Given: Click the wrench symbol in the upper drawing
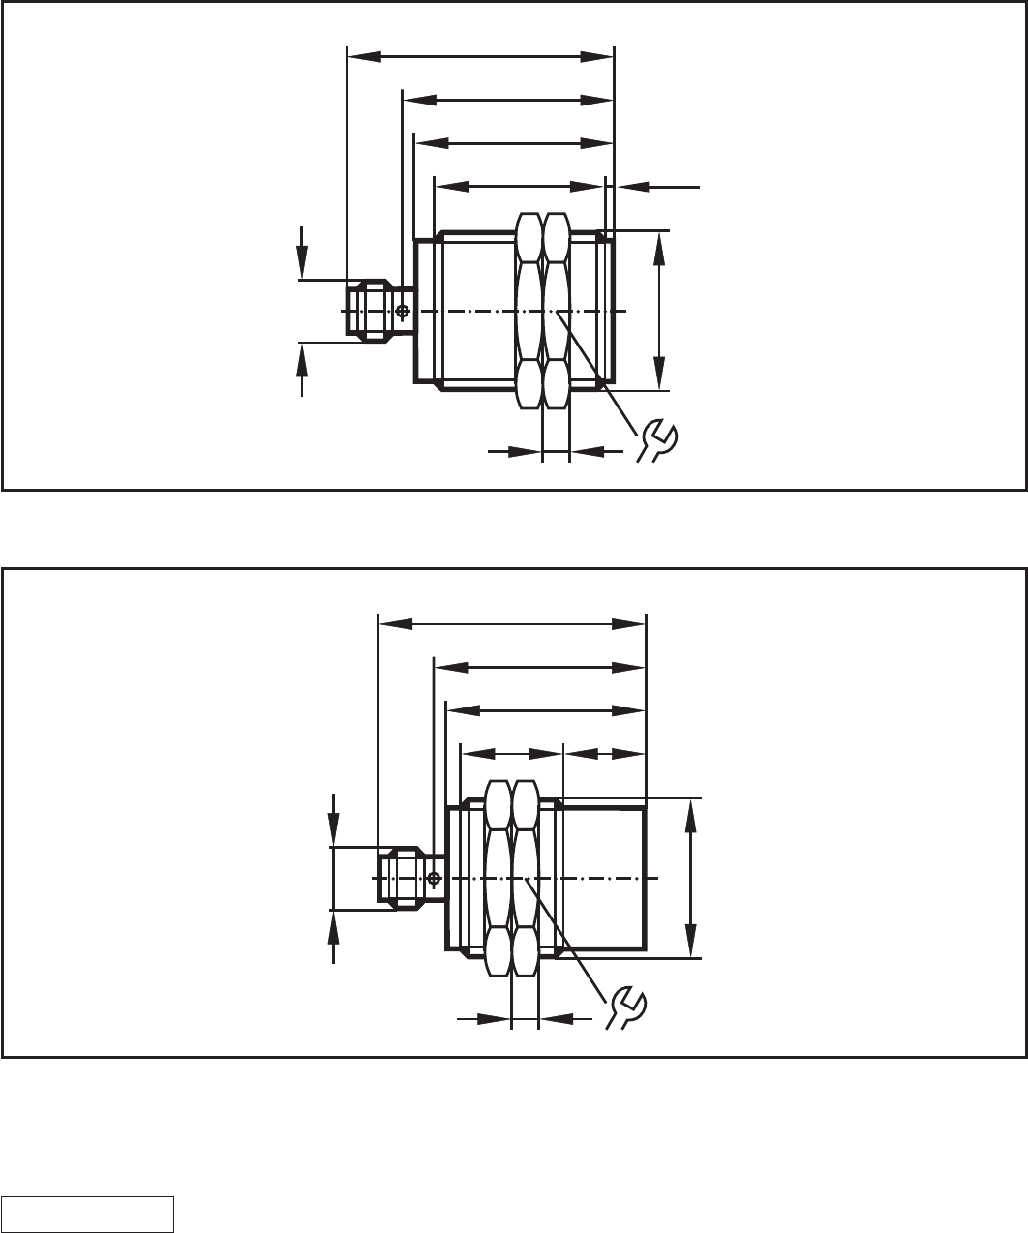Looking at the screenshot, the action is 659,438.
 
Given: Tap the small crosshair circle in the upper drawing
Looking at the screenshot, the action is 403,311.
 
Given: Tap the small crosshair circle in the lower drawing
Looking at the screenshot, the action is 434,878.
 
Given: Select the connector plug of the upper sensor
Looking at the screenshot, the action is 368,311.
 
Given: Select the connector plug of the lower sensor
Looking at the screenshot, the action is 399,878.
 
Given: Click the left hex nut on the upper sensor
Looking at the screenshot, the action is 529,310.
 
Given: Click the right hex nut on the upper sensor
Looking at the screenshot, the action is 556,310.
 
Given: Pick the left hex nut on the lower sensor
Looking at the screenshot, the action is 498,878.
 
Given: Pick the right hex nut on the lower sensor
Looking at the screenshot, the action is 525,878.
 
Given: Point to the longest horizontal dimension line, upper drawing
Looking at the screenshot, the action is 480,56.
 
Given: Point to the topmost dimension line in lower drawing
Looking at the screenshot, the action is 511,624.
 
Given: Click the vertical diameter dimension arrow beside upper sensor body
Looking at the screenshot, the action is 659,310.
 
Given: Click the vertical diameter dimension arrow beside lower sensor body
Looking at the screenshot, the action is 690,878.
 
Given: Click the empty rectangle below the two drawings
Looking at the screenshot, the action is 88,1214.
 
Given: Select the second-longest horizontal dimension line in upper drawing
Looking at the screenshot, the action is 508,100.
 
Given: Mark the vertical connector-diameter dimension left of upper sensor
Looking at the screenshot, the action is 303,311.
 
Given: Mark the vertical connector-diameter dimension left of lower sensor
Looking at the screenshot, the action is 334,878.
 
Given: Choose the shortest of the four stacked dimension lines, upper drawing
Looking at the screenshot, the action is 520,185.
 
